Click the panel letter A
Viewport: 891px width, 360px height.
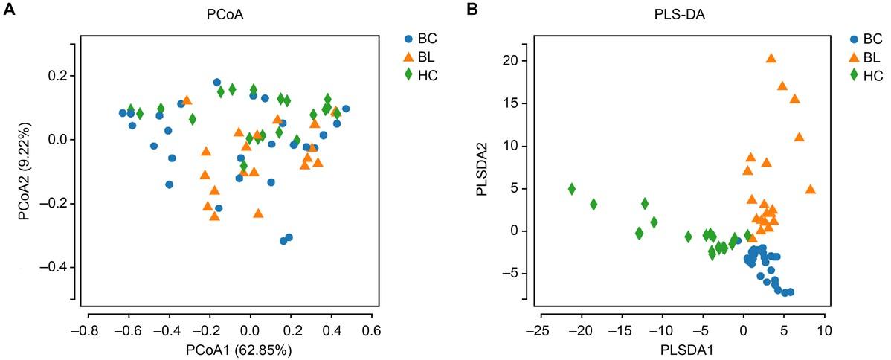coord(7,7)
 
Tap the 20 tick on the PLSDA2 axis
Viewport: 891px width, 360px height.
coord(512,60)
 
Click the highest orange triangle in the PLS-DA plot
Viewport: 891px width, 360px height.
coord(771,59)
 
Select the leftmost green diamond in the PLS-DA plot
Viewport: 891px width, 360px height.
coord(572,189)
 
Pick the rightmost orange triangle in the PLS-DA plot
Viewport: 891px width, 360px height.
coord(810,190)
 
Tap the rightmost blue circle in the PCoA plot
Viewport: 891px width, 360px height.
coord(346,109)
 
